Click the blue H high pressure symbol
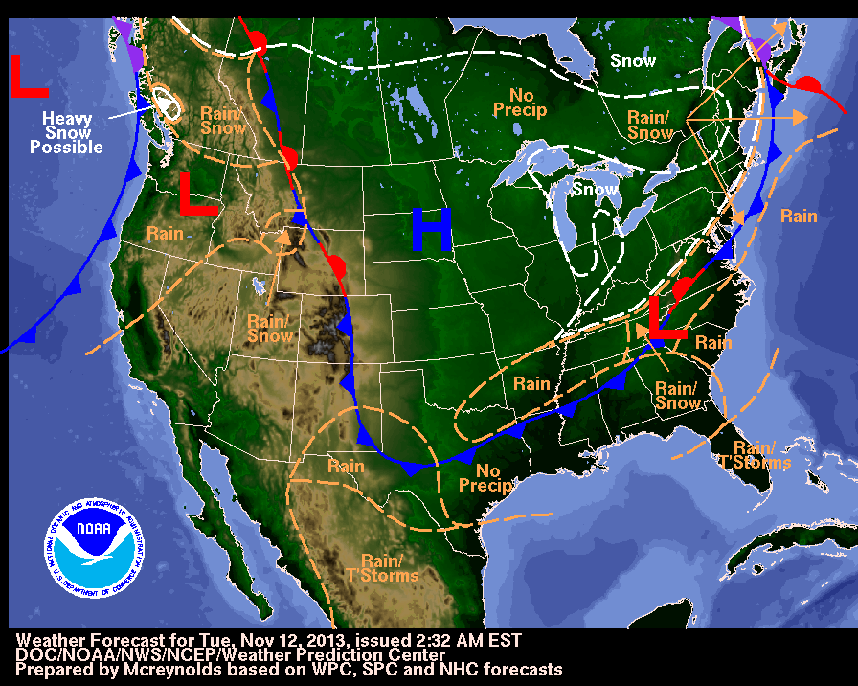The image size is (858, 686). coord(431,231)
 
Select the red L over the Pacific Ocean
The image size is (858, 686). coord(29,77)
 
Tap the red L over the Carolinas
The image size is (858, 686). coord(667,318)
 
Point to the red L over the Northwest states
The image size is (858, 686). coord(198,194)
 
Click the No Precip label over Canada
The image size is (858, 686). coord(520,103)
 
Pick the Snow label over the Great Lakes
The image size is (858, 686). coord(594,190)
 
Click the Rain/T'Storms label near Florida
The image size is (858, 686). coord(762,455)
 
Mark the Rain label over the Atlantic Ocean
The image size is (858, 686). coord(798,216)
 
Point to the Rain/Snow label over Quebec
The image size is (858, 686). coord(650,126)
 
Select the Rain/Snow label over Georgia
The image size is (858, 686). coord(678,396)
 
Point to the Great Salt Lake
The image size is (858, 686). coord(257,285)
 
